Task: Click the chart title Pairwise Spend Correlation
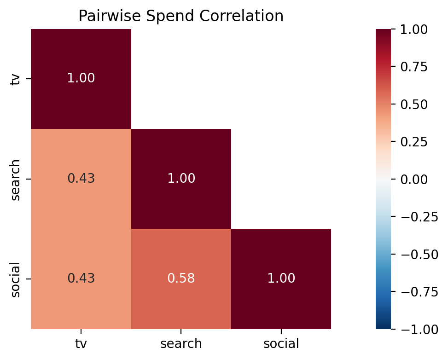tap(180, 16)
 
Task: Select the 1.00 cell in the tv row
tap(81, 78)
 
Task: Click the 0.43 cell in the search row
tap(81, 179)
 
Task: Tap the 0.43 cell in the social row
tap(81, 279)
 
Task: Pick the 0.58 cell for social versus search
tap(181, 279)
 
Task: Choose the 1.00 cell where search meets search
tap(181, 179)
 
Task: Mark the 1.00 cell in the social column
tap(281, 279)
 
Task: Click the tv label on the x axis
tap(81, 343)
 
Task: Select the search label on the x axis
tap(181, 343)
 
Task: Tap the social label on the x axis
tap(281, 343)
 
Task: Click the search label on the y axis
tap(16, 180)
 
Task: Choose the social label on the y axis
tap(16, 279)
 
